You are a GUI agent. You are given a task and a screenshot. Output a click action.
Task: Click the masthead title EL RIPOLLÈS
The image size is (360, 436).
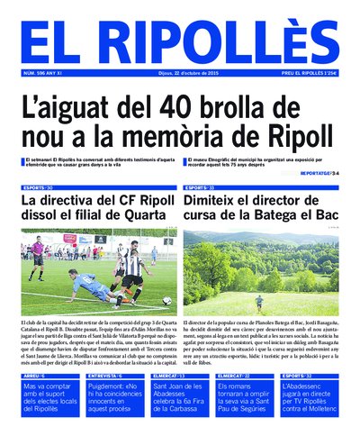tap(179, 41)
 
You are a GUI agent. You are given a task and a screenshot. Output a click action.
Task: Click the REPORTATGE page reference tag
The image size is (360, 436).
tap(319, 172)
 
